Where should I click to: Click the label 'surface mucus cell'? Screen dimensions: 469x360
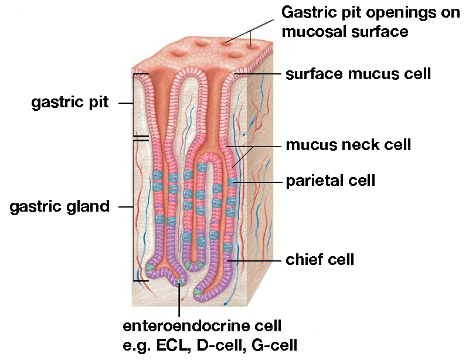(x=358, y=74)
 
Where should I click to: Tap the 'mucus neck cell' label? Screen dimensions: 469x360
(x=348, y=145)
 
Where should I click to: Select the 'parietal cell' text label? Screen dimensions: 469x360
(x=331, y=181)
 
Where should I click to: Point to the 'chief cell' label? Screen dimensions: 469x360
(x=320, y=260)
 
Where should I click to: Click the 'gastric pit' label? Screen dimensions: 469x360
(x=70, y=103)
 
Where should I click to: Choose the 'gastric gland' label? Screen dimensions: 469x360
(x=60, y=207)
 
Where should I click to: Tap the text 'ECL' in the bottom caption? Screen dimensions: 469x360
(x=174, y=345)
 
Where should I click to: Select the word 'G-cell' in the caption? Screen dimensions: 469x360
(x=274, y=345)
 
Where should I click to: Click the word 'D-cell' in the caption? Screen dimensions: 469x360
(x=220, y=345)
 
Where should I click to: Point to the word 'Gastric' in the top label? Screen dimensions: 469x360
(x=307, y=13)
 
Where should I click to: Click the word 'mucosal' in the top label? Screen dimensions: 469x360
(x=314, y=32)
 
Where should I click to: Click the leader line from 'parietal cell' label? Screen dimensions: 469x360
(x=257, y=182)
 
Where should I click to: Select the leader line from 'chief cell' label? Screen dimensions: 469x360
(x=255, y=261)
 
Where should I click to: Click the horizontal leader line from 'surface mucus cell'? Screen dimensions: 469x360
(x=258, y=74)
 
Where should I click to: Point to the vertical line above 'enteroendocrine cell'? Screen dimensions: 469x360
(x=179, y=298)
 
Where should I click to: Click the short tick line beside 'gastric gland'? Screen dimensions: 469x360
(x=125, y=207)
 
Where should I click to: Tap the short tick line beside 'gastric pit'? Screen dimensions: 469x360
(x=125, y=103)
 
